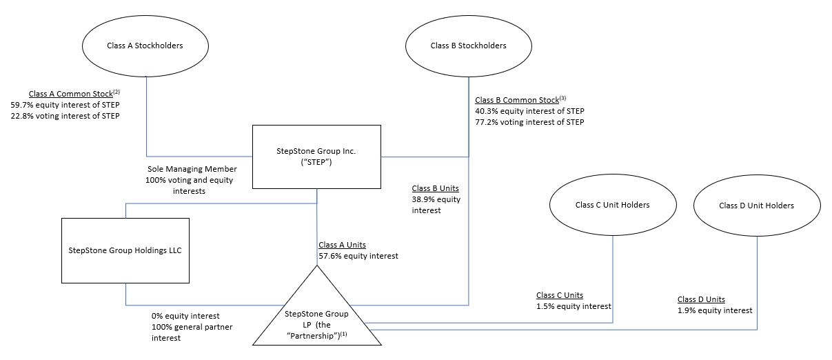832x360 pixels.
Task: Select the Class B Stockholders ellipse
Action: click(x=468, y=46)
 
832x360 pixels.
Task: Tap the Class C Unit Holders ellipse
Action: click(x=612, y=205)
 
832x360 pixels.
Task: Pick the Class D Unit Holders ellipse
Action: click(x=756, y=206)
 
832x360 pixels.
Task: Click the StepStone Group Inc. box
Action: click(x=316, y=157)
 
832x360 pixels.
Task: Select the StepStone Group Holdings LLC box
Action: click(x=125, y=250)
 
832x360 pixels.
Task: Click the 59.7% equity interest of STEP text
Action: click(x=65, y=104)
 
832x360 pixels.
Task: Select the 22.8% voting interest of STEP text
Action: click(x=65, y=116)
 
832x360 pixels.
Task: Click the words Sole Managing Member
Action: click(x=192, y=169)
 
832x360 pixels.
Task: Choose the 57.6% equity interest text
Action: click(x=358, y=256)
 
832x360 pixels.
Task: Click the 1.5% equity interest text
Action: click(x=574, y=306)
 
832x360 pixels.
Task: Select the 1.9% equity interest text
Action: click(x=715, y=310)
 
